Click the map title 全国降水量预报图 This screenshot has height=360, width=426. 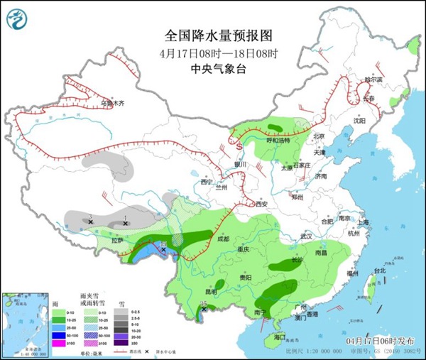coord(218,34)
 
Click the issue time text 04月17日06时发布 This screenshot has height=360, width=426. coord(377,341)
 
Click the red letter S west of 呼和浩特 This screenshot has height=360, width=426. coord(239,145)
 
